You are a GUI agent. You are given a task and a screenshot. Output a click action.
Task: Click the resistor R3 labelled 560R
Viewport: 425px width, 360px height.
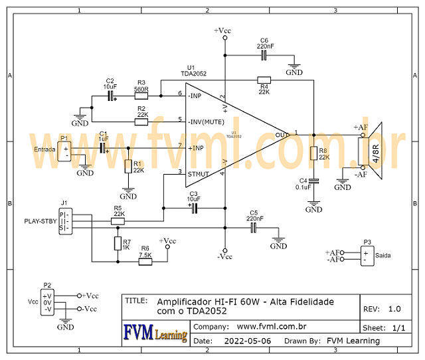pos(141,96)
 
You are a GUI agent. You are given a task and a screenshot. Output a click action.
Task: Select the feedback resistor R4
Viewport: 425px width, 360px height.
pos(264,80)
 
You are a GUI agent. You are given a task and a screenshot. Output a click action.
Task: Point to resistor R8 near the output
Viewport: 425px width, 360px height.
pos(314,154)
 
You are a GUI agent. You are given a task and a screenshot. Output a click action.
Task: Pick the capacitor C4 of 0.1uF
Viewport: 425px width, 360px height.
pos(314,180)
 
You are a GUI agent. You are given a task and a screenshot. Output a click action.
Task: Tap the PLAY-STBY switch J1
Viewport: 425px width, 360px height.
pos(65,221)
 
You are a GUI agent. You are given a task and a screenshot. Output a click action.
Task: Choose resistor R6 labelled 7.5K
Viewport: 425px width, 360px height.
pos(145,262)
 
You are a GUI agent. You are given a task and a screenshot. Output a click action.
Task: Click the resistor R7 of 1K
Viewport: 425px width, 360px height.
pos(118,244)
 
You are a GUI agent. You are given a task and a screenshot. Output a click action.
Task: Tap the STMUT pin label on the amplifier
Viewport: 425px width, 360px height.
pos(199,175)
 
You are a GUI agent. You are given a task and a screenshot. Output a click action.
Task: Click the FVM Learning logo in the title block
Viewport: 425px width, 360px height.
pos(155,333)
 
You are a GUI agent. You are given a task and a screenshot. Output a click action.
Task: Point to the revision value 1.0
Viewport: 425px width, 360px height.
pos(394,309)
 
